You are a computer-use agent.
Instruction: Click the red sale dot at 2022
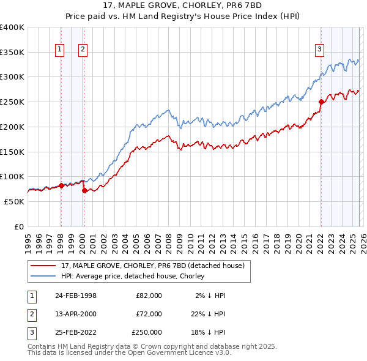pos(321,102)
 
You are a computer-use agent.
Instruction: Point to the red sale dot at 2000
pos(84,190)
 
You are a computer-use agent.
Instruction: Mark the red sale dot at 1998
pos(61,185)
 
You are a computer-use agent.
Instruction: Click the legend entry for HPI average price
pos(135,276)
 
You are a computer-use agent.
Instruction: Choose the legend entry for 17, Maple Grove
pos(152,266)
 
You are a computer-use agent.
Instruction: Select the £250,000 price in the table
pos(147,332)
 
